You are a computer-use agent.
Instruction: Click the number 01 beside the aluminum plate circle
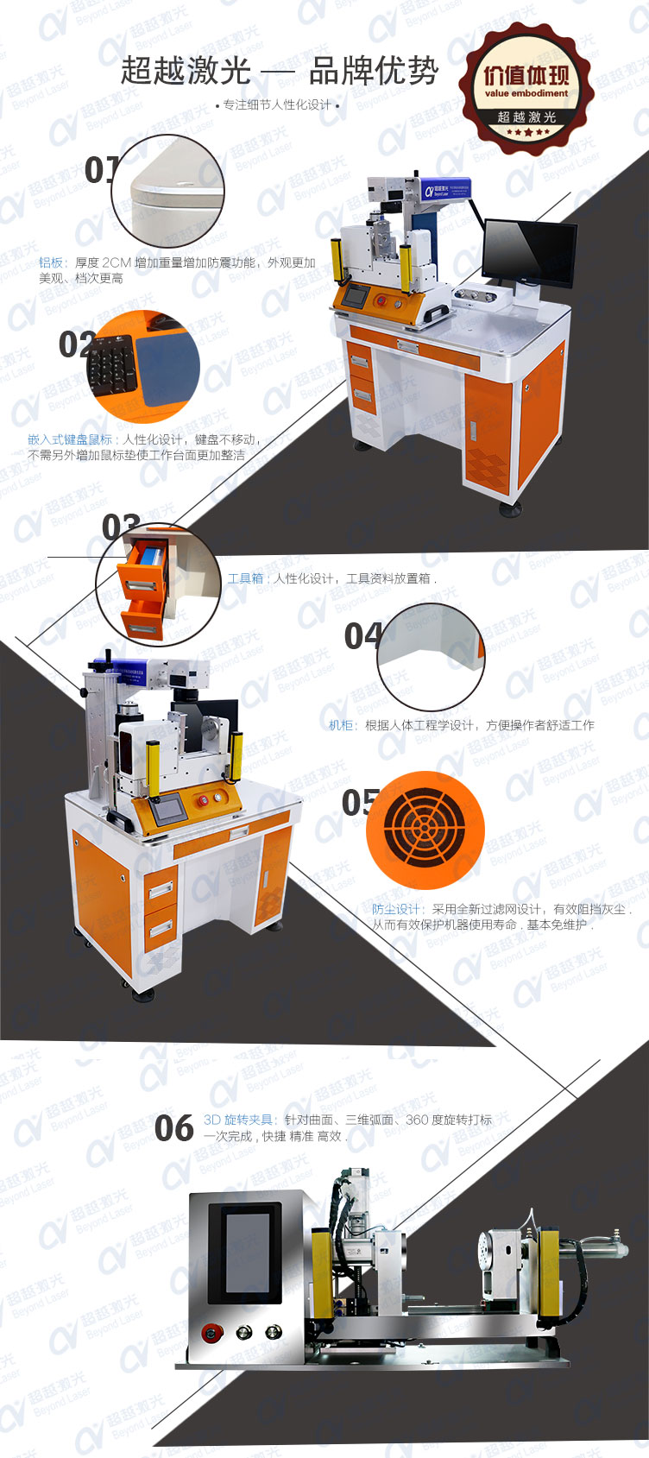pos(99,170)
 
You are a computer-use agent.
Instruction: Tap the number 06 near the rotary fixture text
pos(173,1128)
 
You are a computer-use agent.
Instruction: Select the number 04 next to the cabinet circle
pos(362,636)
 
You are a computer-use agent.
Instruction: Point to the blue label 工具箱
pos(245,578)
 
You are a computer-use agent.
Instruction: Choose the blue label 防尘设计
pos(397,909)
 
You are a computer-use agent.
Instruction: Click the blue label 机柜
pos(342,725)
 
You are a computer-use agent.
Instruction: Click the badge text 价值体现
pos(526,75)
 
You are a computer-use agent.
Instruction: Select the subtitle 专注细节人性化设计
pos(276,105)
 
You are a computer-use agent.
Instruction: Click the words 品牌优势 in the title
pos(373,72)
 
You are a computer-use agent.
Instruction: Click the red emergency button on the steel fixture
pos(210,1334)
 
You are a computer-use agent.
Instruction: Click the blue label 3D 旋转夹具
pos(238,1120)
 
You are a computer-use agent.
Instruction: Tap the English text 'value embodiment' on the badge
pos(526,93)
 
